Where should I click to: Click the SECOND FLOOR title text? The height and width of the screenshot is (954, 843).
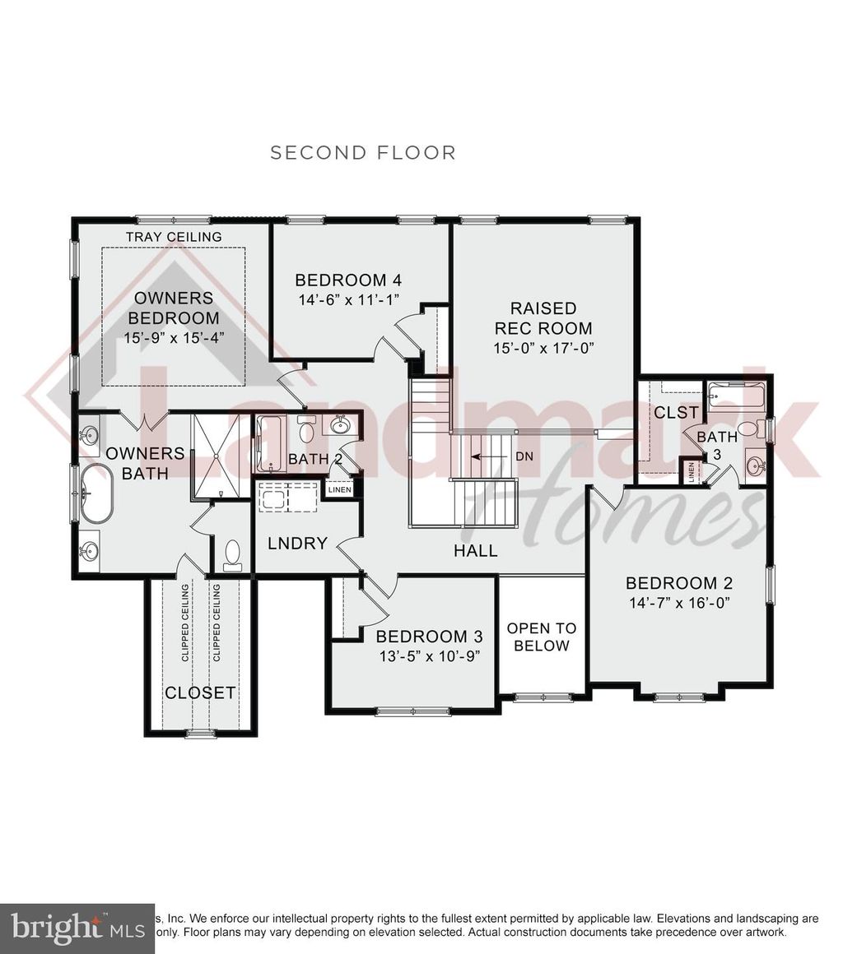(363, 152)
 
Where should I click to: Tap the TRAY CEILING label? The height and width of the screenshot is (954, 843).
(174, 237)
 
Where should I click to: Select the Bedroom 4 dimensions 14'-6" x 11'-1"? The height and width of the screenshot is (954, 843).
(348, 300)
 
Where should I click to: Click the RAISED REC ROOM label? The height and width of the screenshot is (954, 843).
(543, 318)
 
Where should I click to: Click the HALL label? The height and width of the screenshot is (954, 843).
(476, 550)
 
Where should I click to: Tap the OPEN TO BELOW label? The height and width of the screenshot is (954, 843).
(538, 637)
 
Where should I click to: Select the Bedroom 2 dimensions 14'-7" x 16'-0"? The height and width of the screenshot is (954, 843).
(679, 602)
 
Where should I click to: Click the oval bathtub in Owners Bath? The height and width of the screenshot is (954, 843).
(96, 493)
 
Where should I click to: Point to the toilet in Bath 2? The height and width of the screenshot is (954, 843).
(306, 430)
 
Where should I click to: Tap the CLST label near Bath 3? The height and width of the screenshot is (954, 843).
(676, 412)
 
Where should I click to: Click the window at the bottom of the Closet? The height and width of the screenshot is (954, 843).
(200, 733)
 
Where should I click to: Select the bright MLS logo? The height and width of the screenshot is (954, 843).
(74, 926)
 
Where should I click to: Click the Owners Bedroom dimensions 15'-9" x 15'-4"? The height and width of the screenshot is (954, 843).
(173, 336)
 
